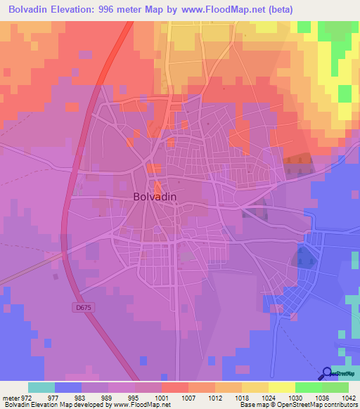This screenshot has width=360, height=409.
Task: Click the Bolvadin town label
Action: (155, 197)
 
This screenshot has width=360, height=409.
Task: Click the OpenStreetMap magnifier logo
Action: (327, 374)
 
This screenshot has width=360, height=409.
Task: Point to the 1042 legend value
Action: (339, 397)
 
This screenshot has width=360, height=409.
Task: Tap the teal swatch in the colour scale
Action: (41, 387)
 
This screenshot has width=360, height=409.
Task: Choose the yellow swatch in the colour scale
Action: (281, 387)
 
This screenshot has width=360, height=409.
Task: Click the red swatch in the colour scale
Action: (175, 387)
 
